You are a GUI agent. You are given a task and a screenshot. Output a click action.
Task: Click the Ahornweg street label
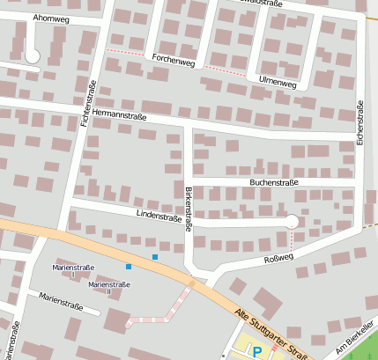coord(50,18)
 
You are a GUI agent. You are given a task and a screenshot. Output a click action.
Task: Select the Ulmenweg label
coord(277,82)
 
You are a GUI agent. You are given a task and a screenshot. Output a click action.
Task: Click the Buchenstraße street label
coord(275,182)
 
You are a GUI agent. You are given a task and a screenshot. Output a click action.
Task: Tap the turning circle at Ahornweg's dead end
coord(33,56)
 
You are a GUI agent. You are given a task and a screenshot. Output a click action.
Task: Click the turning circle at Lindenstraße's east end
coord(291,222)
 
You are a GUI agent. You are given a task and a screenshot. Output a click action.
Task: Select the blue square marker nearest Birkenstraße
coord(155,256)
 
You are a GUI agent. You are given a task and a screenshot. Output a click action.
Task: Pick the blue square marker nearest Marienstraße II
coord(129,266)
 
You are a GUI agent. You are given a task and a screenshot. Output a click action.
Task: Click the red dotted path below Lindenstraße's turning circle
coord(291,239)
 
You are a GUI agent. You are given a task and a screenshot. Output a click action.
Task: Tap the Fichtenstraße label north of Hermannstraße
coord(87,101)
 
